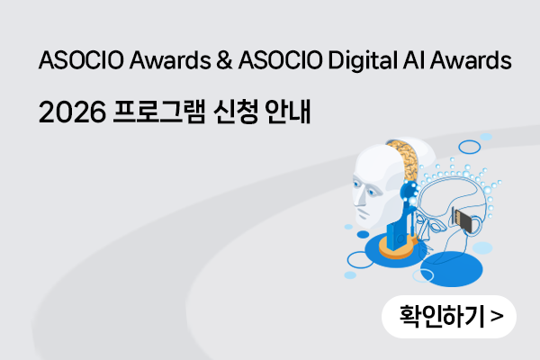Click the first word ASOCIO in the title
(81, 60)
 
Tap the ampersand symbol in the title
(224, 60)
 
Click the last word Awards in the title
(471, 60)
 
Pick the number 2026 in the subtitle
(72, 112)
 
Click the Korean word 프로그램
(158, 112)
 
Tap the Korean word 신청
(236, 112)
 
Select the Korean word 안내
(288, 112)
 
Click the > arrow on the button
(497, 316)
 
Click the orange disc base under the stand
(396, 248)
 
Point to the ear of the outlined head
(476, 226)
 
